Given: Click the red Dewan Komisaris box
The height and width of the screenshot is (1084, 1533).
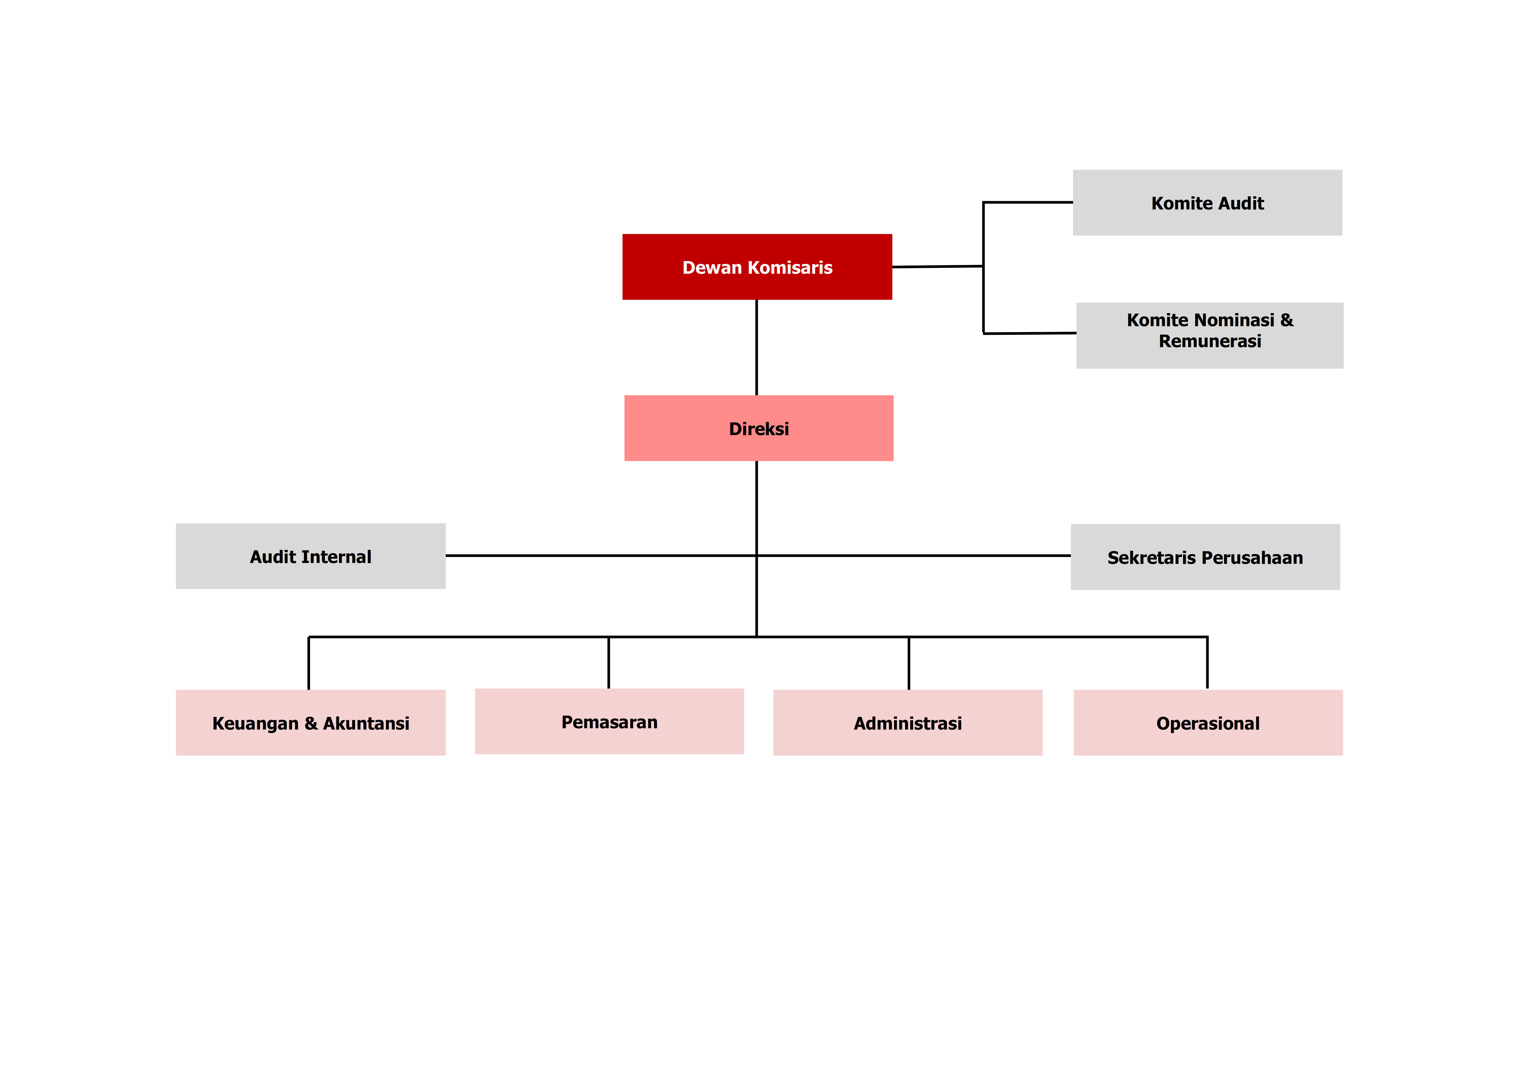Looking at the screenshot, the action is point(757,267).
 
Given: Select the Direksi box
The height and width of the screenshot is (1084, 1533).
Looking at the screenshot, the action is point(758,428).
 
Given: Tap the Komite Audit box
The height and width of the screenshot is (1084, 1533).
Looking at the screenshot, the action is point(1207,202).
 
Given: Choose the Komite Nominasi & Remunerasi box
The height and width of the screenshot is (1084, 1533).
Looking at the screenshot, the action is point(1210,335).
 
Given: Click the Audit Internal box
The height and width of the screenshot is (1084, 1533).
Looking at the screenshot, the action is point(310,556).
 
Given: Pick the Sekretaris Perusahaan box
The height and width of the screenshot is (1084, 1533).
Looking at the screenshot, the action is point(1205,557).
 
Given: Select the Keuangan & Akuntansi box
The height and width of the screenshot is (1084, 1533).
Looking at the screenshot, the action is point(310,723).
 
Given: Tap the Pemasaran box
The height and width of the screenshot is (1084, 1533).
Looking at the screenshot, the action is point(609,721).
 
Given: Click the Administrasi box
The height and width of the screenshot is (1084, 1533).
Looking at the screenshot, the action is point(907,723).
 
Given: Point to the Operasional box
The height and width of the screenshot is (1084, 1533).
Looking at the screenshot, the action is point(1208,723).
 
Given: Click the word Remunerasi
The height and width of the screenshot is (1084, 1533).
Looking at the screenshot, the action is point(1210,341).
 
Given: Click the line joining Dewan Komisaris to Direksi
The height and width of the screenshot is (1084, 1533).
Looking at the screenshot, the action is point(756,347).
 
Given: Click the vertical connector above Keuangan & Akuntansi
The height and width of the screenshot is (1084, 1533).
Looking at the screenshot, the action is point(309,663).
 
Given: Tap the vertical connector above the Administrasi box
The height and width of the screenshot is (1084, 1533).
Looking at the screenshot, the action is point(909,663).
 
